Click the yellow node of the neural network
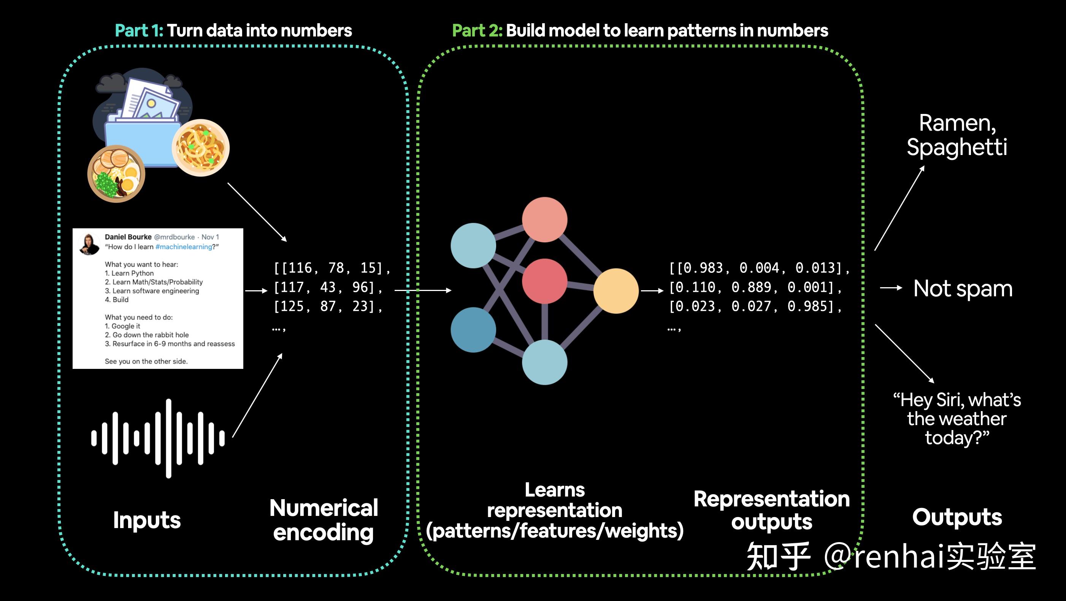(x=616, y=291)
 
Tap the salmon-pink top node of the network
(x=544, y=220)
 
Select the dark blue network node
(x=473, y=330)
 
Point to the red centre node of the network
(x=544, y=281)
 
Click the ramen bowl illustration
(x=116, y=174)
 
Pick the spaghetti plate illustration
(x=201, y=148)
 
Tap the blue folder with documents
(x=141, y=124)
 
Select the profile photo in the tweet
(x=89, y=244)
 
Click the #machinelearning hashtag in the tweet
(x=183, y=247)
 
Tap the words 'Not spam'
(x=963, y=288)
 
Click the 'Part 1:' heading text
(x=139, y=31)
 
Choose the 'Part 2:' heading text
(x=477, y=31)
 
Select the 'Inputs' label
(x=147, y=520)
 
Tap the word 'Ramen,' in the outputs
(x=957, y=123)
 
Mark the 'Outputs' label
(x=957, y=517)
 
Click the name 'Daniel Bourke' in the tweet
(x=128, y=237)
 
